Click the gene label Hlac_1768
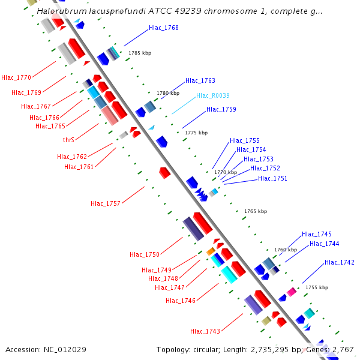click(164, 28)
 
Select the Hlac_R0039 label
click(213, 95)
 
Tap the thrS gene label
click(68, 140)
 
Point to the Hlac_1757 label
click(106, 203)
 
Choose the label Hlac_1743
click(205, 331)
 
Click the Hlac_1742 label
click(340, 262)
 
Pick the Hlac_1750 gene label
click(145, 254)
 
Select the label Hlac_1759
click(221, 109)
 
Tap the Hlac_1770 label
click(16, 77)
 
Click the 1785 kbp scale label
click(140, 53)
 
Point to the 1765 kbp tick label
click(256, 211)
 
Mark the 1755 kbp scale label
click(317, 287)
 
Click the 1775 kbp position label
click(196, 133)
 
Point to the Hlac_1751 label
click(273, 178)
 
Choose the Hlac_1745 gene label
click(317, 234)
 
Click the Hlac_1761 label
click(79, 167)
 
